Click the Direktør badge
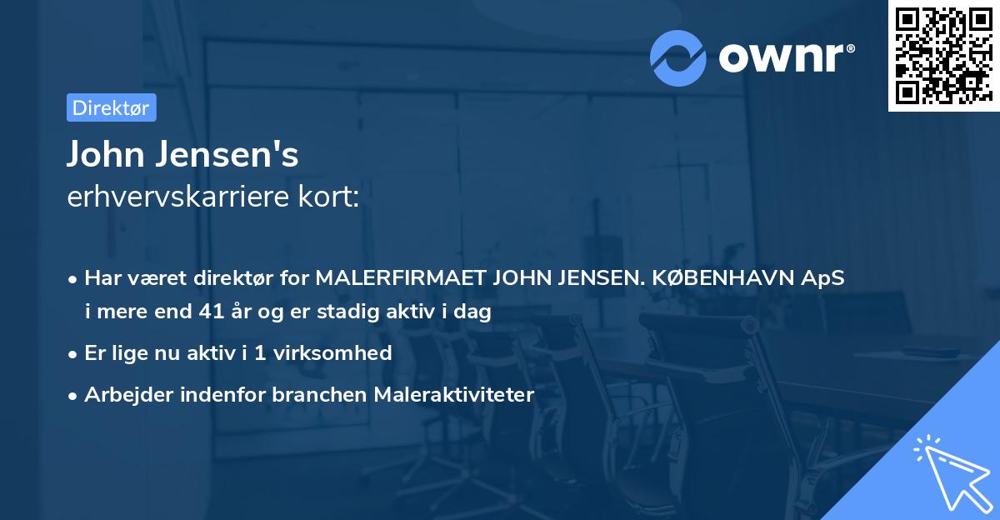pos(111,107)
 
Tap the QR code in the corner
pos(943,55)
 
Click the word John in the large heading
pos(99,155)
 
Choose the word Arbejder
pos(123,394)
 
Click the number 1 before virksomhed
pos(260,352)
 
